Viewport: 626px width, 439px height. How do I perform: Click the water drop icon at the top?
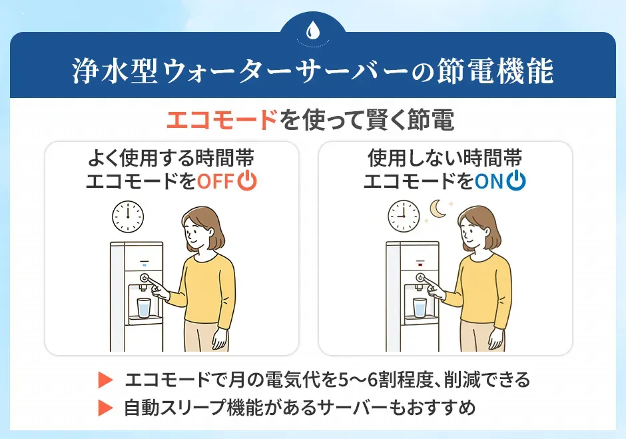pos(313,30)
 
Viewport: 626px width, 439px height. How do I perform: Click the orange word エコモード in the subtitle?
pos(221,121)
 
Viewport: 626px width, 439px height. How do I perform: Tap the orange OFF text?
pos(216,181)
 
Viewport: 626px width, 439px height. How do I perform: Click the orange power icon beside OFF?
pos(247,181)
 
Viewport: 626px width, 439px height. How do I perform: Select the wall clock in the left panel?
pos(128,215)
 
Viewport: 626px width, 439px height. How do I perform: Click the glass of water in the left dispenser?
pos(144,307)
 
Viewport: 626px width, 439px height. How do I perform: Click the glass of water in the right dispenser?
pos(420,307)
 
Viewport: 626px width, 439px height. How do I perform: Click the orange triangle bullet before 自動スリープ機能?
pos(105,407)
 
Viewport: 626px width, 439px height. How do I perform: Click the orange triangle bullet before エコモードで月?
pos(105,380)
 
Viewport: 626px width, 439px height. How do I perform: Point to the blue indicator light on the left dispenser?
pos(145,263)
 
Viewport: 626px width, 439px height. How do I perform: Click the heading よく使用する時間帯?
pos(171,159)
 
